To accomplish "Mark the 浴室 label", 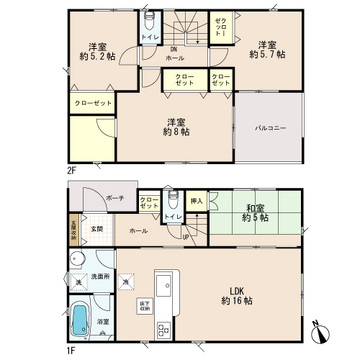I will point(103,322).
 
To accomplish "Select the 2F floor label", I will point(72,170).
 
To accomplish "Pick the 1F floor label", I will point(72,348).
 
